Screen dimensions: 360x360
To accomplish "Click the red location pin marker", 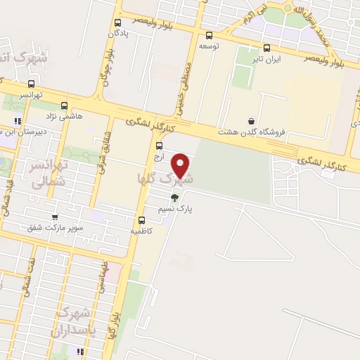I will point(181,165).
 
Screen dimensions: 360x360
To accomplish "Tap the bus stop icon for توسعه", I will point(209,35).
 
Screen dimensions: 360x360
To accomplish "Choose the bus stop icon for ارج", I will point(159,146).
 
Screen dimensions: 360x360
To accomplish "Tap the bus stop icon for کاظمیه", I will point(142,219).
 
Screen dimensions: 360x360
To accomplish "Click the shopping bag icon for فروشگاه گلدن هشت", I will point(252,121).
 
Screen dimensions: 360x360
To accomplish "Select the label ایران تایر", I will point(267,60).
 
